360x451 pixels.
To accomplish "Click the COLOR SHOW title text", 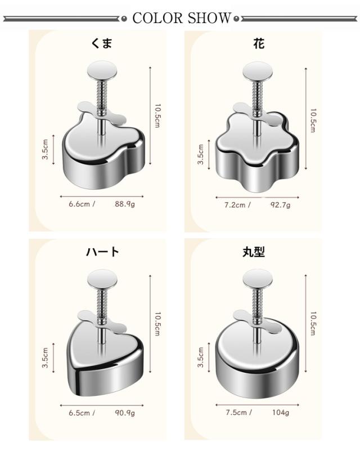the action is coord(182,18).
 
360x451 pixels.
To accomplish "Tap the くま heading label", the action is coord(101,43).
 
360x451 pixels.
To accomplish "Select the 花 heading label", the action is coord(259,44).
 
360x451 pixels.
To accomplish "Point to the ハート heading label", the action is coord(102,252).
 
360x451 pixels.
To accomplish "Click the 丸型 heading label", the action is coord(254,252).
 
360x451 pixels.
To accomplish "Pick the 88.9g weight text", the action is coord(125,204).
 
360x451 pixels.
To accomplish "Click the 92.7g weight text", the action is coord(280,205).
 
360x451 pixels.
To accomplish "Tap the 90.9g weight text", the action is coord(125,413).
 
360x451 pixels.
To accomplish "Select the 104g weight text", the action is coord(281,413).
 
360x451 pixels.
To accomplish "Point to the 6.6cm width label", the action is coord(79,204).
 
